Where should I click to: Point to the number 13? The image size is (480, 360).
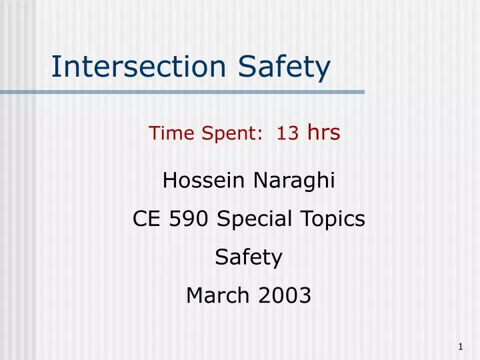(x=287, y=133)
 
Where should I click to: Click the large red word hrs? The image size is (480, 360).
(x=323, y=132)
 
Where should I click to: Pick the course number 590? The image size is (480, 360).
(x=189, y=219)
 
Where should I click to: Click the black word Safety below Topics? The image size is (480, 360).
(x=249, y=257)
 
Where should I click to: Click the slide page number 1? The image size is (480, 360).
(x=461, y=346)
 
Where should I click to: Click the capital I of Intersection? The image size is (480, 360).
(x=55, y=66)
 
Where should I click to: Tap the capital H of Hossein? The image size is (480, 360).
(x=169, y=180)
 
